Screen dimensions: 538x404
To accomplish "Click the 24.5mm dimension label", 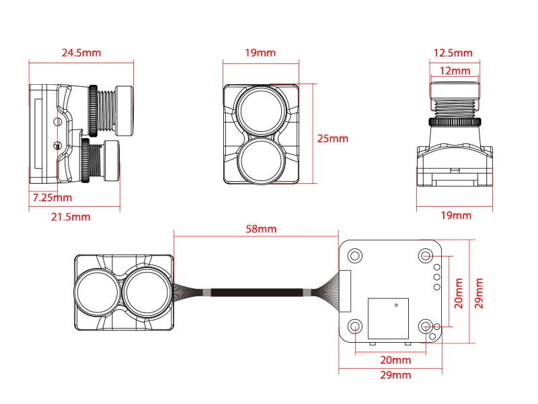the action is coord(81,53).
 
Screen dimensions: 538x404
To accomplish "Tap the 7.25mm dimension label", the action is coord(52,198).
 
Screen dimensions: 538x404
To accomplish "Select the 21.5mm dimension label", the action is coord(71,217).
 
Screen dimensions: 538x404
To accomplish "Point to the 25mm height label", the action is coord(332,139).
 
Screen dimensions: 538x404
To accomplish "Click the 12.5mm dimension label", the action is coord(453,53).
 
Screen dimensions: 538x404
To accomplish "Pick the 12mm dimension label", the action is coord(455,71).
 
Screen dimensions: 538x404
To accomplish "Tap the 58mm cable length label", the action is coord(261,229).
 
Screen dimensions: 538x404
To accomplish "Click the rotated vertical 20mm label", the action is coord(459,294).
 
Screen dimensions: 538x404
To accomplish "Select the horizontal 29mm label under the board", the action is coord(395,375).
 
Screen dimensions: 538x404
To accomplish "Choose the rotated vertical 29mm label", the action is coord(479,294).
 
